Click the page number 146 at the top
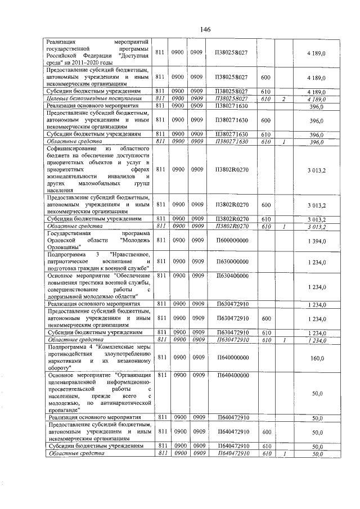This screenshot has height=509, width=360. [205, 29]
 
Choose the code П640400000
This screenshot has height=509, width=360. [232, 375]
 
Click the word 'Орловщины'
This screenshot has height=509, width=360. [64, 247]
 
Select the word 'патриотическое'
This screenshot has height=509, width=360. [69, 262]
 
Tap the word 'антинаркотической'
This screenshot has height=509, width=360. [127, 403]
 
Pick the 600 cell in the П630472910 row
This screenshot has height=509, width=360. [265, 318]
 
